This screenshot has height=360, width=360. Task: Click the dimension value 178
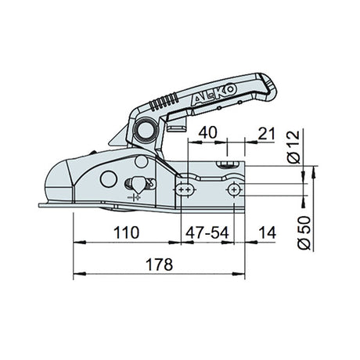(x=159, y=265)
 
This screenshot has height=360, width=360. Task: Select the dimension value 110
(x=126, y=232)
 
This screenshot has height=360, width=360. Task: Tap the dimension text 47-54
(x=207, y=232)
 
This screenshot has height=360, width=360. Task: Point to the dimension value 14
(x=267, y=232)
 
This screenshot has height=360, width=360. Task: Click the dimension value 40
(x=207, y=132)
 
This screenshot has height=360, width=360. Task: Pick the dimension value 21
(x=266, y=134)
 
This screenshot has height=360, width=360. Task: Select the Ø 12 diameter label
(x=294, y=147)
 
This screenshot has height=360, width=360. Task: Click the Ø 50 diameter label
(x=304, y=233)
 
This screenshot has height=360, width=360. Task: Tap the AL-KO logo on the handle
(x=214, y=95)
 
